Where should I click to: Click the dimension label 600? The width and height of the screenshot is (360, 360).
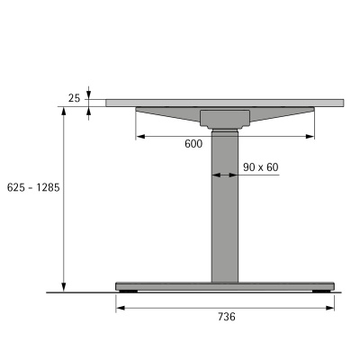coord(193,144)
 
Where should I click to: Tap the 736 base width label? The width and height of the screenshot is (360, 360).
coord(225,317)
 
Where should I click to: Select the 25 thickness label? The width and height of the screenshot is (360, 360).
coord(73,97)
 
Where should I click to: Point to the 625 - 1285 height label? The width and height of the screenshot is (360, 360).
coord(31,187)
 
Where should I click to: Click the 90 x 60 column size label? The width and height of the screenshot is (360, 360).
coord(260,166)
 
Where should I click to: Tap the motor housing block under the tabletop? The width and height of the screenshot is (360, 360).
coord(225,118)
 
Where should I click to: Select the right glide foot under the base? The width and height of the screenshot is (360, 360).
coord(319,292)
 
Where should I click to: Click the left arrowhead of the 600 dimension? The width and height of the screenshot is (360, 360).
coord(139,137)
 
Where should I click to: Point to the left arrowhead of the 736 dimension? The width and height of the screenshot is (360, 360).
coord(120,307)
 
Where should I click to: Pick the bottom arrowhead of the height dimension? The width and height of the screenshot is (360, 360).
coord(64,287)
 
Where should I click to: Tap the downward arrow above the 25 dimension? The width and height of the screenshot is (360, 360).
coord(89,95)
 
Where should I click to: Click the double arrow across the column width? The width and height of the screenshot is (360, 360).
coord(225,176)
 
